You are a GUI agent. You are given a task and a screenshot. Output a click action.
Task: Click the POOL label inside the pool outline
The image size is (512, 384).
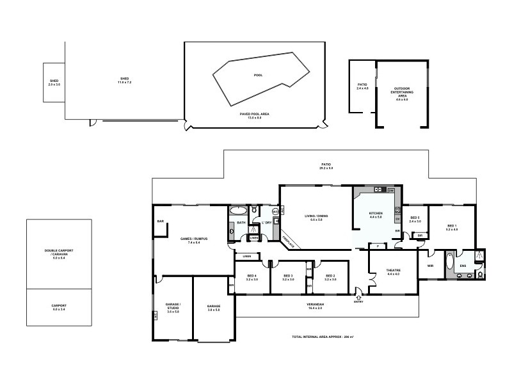point(258,75)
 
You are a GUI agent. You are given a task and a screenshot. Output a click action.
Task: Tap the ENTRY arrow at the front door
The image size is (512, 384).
point(358,296)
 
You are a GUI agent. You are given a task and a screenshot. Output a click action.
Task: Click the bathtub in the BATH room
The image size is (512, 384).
point(239,209)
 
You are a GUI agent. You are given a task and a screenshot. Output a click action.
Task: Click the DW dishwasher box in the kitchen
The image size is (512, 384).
point(390,191)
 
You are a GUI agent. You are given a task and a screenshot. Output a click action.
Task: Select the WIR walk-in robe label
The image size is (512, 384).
point(430,266)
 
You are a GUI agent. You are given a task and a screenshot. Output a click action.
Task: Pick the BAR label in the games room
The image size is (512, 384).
point(160,222)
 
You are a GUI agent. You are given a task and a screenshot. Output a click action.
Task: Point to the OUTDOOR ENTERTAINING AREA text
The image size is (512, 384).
point(402,93)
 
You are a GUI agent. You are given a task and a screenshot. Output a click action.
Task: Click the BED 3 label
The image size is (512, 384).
point(287,277)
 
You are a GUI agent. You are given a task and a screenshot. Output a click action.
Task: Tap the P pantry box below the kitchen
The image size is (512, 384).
point(378,245)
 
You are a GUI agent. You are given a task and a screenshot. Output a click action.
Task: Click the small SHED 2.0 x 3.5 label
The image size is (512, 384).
point(53,83)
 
